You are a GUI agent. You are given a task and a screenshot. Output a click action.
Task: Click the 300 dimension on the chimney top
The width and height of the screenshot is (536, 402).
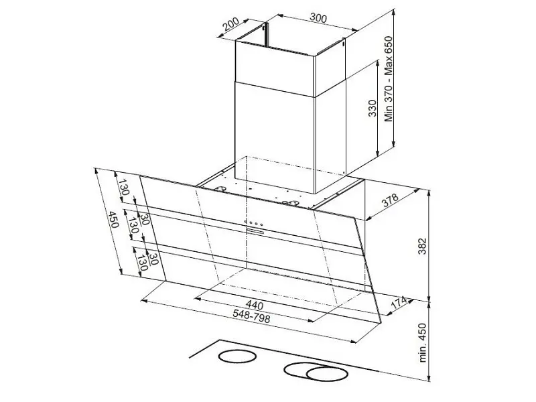click(318, 18)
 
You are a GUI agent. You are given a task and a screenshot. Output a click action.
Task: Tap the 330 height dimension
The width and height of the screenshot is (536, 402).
click(373, 108)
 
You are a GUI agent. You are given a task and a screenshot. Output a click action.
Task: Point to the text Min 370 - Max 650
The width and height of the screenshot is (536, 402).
click(389, 79)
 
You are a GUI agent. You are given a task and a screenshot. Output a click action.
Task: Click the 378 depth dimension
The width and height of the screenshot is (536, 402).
click(391, 200)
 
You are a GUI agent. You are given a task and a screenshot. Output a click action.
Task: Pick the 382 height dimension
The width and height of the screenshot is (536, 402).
click(423, 246)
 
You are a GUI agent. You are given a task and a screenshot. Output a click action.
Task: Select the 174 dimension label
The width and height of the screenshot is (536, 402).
click(399, 303)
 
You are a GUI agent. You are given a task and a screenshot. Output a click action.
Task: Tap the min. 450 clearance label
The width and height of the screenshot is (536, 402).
click(423, 342)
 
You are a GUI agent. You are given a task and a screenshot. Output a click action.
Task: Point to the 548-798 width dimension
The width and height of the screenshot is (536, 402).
click(251, 316)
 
